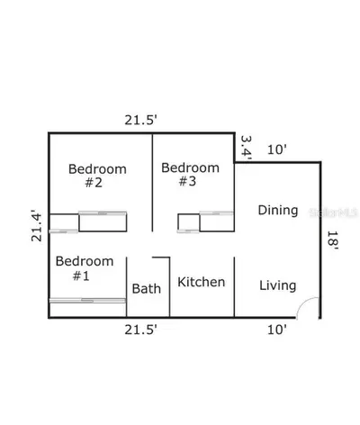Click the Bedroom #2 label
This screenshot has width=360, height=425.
97,176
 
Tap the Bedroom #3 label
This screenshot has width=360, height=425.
190,175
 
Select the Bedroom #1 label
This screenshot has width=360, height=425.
85,268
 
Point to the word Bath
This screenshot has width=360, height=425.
147,288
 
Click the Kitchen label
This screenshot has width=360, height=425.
202,282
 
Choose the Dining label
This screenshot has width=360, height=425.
278,210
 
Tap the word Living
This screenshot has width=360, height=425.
278,285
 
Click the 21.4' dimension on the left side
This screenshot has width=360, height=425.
36,227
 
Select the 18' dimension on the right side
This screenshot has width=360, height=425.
333,240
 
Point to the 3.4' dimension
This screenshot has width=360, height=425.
246,149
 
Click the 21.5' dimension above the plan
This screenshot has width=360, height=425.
141,120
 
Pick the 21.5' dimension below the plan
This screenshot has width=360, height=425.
141,330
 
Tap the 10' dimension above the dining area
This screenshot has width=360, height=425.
277,149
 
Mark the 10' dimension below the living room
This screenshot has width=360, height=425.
277,330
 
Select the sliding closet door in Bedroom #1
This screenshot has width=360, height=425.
87,300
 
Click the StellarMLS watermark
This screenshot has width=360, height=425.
334,212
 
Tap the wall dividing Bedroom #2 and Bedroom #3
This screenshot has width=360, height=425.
152,183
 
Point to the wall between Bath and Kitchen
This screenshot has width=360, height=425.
169,287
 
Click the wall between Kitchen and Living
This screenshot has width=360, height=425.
234,287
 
